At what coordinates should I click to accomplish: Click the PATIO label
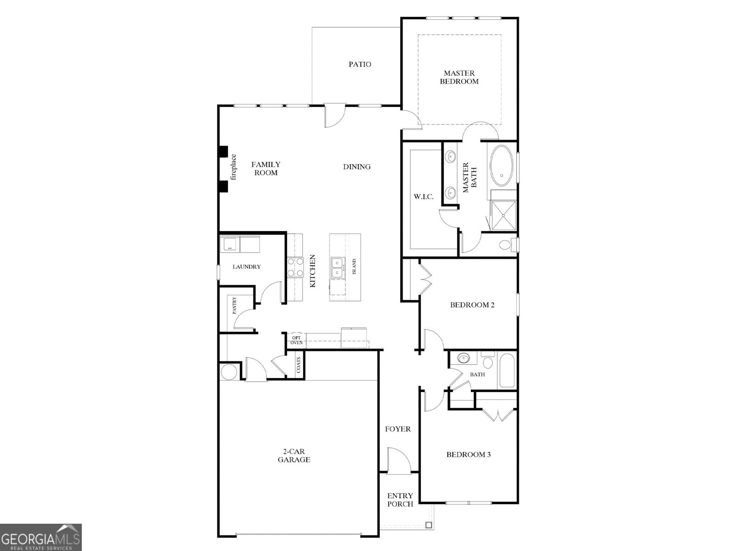click(360, 64)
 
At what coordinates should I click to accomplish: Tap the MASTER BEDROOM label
click(459, 77)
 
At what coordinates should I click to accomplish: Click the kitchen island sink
click(338, 267)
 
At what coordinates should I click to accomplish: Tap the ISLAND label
click(354, 267)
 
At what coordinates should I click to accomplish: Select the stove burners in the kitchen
click(295, 267)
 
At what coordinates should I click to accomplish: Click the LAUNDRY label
click(247, 267)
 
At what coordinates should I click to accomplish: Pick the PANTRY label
click(234, 306)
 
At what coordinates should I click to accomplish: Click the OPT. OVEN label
click(297, 340)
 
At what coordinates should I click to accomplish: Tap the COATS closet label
click(299, 365)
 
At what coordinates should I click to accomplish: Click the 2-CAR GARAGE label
click(294, 455)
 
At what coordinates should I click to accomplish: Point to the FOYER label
click(398, 429)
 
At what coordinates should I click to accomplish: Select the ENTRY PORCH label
click(400, 500)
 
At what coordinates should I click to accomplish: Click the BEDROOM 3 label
click(469, 455)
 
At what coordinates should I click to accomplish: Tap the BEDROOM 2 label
click(472, 305)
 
